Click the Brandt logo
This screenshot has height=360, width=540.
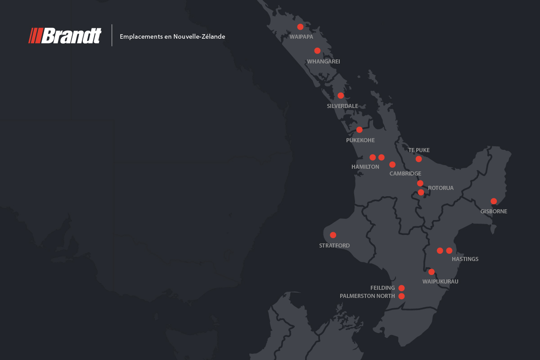tap(65, 36)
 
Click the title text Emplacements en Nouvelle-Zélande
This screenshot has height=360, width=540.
tap(172, 36)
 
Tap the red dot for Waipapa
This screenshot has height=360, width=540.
tap(300, 27)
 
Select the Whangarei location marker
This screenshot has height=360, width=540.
tap(317, 51)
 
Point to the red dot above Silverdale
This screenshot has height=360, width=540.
tap(341, 95)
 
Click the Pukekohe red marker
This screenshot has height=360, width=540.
tap(359, 130)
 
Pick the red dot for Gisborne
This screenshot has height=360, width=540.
tap(494, 201)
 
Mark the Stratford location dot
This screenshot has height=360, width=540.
tap(333, 235)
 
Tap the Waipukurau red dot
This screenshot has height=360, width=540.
tap(432, 272)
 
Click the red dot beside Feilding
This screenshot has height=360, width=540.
tap(401, 288)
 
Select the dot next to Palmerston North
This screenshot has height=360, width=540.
tap(401, 296)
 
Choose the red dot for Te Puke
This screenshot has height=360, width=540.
tap(418, 159)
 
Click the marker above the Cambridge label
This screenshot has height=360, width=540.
tap(392, 165)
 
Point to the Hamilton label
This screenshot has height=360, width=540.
tap(365, 166)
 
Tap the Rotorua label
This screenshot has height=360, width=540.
tap(441, 188)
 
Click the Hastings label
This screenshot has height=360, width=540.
tap(465, 259)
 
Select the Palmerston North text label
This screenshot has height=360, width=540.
tap(367, 296)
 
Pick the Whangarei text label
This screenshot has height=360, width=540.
tap(323, 61)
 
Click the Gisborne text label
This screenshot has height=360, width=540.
tap(494, 211)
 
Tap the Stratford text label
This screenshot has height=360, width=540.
tap(334, 246)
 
